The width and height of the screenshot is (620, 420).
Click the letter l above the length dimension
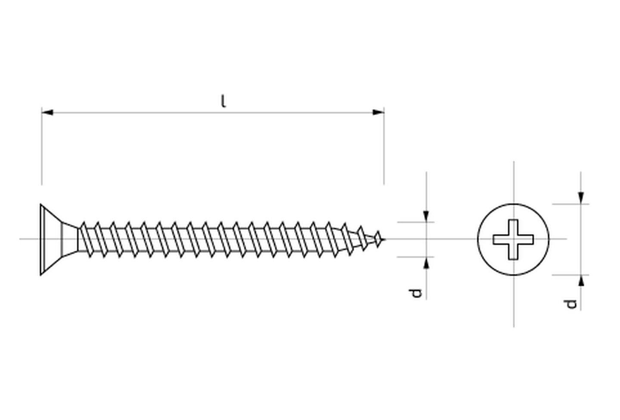click(x=223, y=101)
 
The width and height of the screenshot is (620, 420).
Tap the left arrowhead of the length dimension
click(x=47, y=113)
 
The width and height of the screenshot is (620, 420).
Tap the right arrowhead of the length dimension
click(x=378, y=113)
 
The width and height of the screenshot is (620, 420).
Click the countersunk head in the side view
click(x=59, y=240)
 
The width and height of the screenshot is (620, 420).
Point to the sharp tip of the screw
click(x=384, y=239)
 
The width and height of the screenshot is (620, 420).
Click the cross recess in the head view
click(x=513, y=239)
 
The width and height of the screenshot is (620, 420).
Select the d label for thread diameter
click(x=415, y=293)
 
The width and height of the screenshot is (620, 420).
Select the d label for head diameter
click(x=570, y=304)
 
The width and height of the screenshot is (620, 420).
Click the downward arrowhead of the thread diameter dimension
click(x=426, y=216)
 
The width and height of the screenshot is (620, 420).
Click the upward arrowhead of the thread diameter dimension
click(x=426, y=263)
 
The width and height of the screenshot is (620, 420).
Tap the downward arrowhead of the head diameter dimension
click(x=581, y=198)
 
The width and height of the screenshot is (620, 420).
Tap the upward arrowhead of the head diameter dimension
click(x=581, y=281)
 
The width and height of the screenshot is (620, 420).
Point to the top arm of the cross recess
click(x=513, y=227)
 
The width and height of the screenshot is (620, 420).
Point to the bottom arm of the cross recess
click(x=513, y=252)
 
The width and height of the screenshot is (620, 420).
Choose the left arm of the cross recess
click(x=501, y=240)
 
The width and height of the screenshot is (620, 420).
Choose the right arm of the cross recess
click(x=526, y=240)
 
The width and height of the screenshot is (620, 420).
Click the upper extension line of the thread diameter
click(x=415, y=222)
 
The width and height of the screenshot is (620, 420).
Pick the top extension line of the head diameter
click(x=570, y=204)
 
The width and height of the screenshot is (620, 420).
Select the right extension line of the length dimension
click(x=384, y=146)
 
